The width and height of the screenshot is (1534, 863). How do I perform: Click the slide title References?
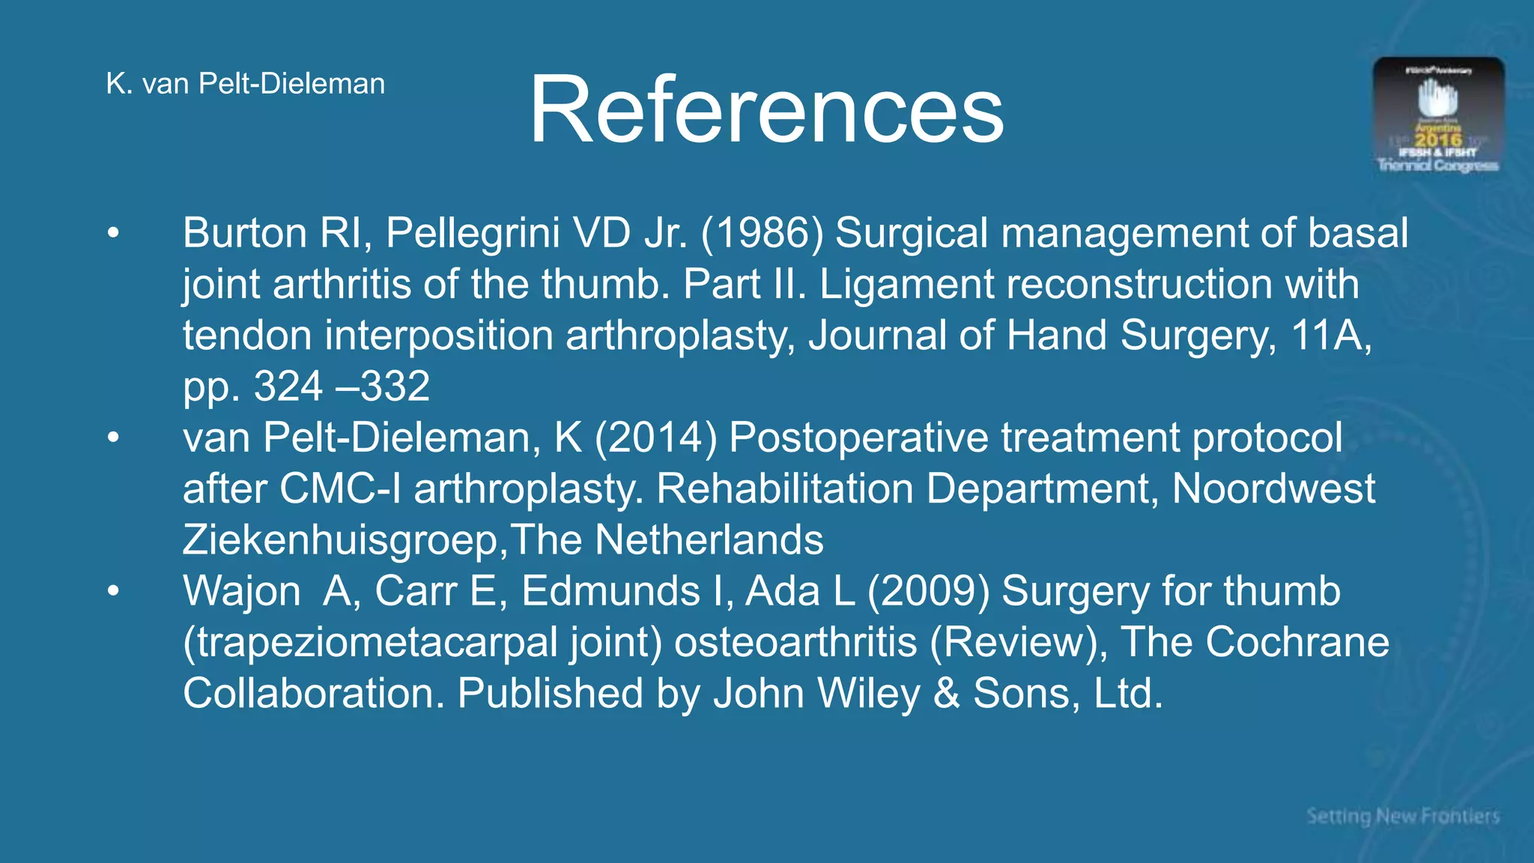coord(766,109)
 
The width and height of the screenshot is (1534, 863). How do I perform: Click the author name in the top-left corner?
coord(246,84)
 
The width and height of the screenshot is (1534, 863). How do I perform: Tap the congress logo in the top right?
coord(1438,115)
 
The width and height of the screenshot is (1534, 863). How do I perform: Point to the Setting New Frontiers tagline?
coord(1403,816)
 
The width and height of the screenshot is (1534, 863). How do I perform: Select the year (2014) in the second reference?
coord(656,437)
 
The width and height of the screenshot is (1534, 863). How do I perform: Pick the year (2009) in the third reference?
coord(929,591)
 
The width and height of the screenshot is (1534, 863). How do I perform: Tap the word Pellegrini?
coord(473,233)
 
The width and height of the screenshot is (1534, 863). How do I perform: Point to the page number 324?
coord(288,387)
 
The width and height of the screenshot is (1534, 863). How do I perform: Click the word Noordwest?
coord(1273,488)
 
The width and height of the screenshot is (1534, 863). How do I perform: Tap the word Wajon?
coord(241,591)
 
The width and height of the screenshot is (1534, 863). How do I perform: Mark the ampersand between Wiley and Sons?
coord(947,693)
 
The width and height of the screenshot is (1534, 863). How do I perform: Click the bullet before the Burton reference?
coord(113,233)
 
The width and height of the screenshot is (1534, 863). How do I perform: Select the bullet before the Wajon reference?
coord(113,591)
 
